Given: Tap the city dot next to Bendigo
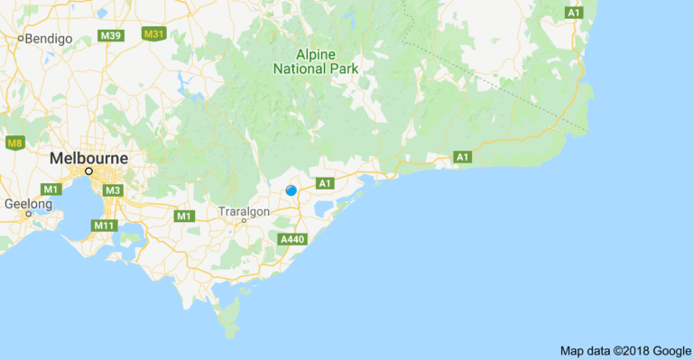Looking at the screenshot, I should click(x=21, y=39).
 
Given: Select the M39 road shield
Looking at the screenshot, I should click(x=111, y=35).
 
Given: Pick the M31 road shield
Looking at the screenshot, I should click(x=154, y=34).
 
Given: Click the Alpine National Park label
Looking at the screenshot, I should click(x=316, y=60).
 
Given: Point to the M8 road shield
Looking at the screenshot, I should click(x=14, y=143).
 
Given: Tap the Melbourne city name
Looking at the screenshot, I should click(x=89, y=158).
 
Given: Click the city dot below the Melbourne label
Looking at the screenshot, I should click(x=89, y=171).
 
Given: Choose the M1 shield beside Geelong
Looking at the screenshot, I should click(x=51, y=189).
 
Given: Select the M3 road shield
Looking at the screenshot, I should click(x=113, y=189).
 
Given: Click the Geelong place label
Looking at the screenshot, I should click(x=27, y=205).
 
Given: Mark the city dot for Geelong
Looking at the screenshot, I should click(x=27, y=215).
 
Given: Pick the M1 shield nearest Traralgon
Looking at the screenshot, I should click(x=185, y=216).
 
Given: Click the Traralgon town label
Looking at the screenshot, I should click(x=245, y=212).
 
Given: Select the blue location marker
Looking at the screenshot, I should click(x=291, y=189).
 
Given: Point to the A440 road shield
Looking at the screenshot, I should click(x=293, y=239).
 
